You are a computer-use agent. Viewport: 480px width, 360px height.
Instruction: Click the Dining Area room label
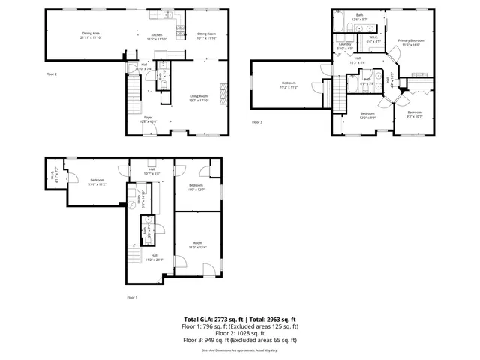[x=91, y=34]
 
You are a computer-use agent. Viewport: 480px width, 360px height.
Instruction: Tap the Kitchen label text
[x=157, y=35]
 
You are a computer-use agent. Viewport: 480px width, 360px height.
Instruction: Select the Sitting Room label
[x=206, y=35]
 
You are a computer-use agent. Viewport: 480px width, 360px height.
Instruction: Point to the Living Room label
[x=199, y=97]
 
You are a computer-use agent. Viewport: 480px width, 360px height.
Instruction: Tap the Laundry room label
[x=345, y=46]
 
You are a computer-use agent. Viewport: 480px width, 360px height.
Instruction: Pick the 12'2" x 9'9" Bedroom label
[x=367, y=115]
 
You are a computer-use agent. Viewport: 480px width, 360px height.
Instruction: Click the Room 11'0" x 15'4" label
[x=197, y=244]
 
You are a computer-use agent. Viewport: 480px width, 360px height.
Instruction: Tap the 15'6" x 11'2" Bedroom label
[x=97, y=181]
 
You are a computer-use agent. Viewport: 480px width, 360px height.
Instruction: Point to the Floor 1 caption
[x=132, y=298]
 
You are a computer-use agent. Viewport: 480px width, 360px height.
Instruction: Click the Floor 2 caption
[x=51, y=74]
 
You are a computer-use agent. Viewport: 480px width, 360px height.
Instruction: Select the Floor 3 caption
[x=257, y=122]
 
